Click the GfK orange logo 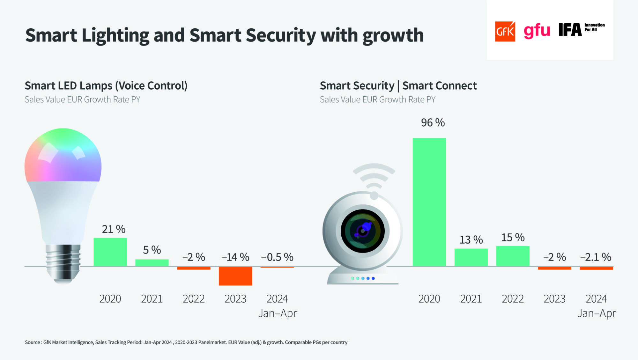point(505,31)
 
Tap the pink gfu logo point(537,31)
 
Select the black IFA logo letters point(570,30)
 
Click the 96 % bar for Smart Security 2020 point(429,202)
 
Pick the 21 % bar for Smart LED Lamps point(110,252)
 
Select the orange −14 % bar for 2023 point(235,276)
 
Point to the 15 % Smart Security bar point(513,256)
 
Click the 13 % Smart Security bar point(471,257)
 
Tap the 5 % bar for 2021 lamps point(152,263)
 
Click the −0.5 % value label point(277,257)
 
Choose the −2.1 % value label point(596,257)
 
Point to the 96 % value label point(433,122)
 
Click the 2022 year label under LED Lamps point(194,299)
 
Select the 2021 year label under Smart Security point(471,299)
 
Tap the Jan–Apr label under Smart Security point(596,313)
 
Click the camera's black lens point(363,231)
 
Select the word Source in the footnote point(32,342)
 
